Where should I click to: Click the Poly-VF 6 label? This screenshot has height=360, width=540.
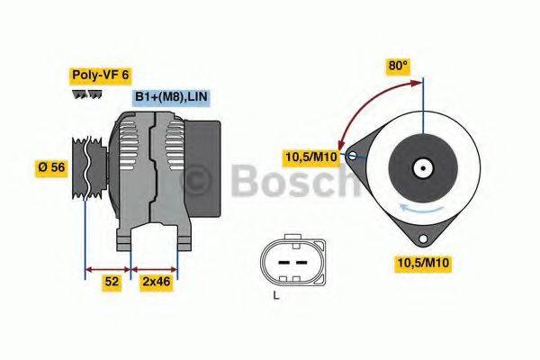coord(100,76)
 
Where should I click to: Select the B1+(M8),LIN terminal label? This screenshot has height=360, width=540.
coord(171,97)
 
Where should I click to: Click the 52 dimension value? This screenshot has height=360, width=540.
coord(112,282)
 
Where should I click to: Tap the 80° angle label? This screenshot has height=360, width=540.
coord(398,66)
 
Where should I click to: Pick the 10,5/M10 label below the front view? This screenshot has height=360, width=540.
coord(423,262)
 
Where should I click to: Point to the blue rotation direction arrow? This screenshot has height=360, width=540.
coord(423,208)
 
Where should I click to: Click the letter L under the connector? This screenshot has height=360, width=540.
coord(277,294)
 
